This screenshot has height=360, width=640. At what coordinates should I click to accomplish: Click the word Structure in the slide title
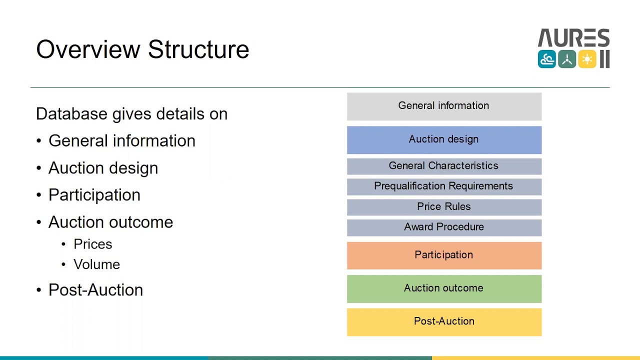coord(198,49)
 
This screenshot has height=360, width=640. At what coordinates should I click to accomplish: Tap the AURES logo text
coord(573,38)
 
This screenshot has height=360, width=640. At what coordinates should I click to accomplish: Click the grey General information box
coord(444,106)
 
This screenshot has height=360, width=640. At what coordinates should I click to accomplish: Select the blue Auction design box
coord(444,139)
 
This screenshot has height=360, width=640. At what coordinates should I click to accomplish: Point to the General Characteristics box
coord(444,166)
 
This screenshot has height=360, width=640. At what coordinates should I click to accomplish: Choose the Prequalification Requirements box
coord(444,186)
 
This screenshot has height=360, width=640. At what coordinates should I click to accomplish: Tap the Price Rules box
coord(444,207)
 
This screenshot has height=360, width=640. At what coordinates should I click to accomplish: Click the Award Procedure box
coord(444,227)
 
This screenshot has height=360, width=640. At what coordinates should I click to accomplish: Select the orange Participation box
coord(444,255)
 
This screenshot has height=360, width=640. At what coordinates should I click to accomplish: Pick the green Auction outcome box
coord(444,288)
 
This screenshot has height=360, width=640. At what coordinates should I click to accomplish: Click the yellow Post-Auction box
coord(444,321)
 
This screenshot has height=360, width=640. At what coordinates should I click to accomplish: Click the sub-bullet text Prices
coord(92,244)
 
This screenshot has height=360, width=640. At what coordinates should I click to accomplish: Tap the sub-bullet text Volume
coord(96,264)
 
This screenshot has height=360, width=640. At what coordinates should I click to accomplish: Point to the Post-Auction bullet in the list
coord(95,290)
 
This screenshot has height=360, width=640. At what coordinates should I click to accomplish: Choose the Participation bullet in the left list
coord(94,195)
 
